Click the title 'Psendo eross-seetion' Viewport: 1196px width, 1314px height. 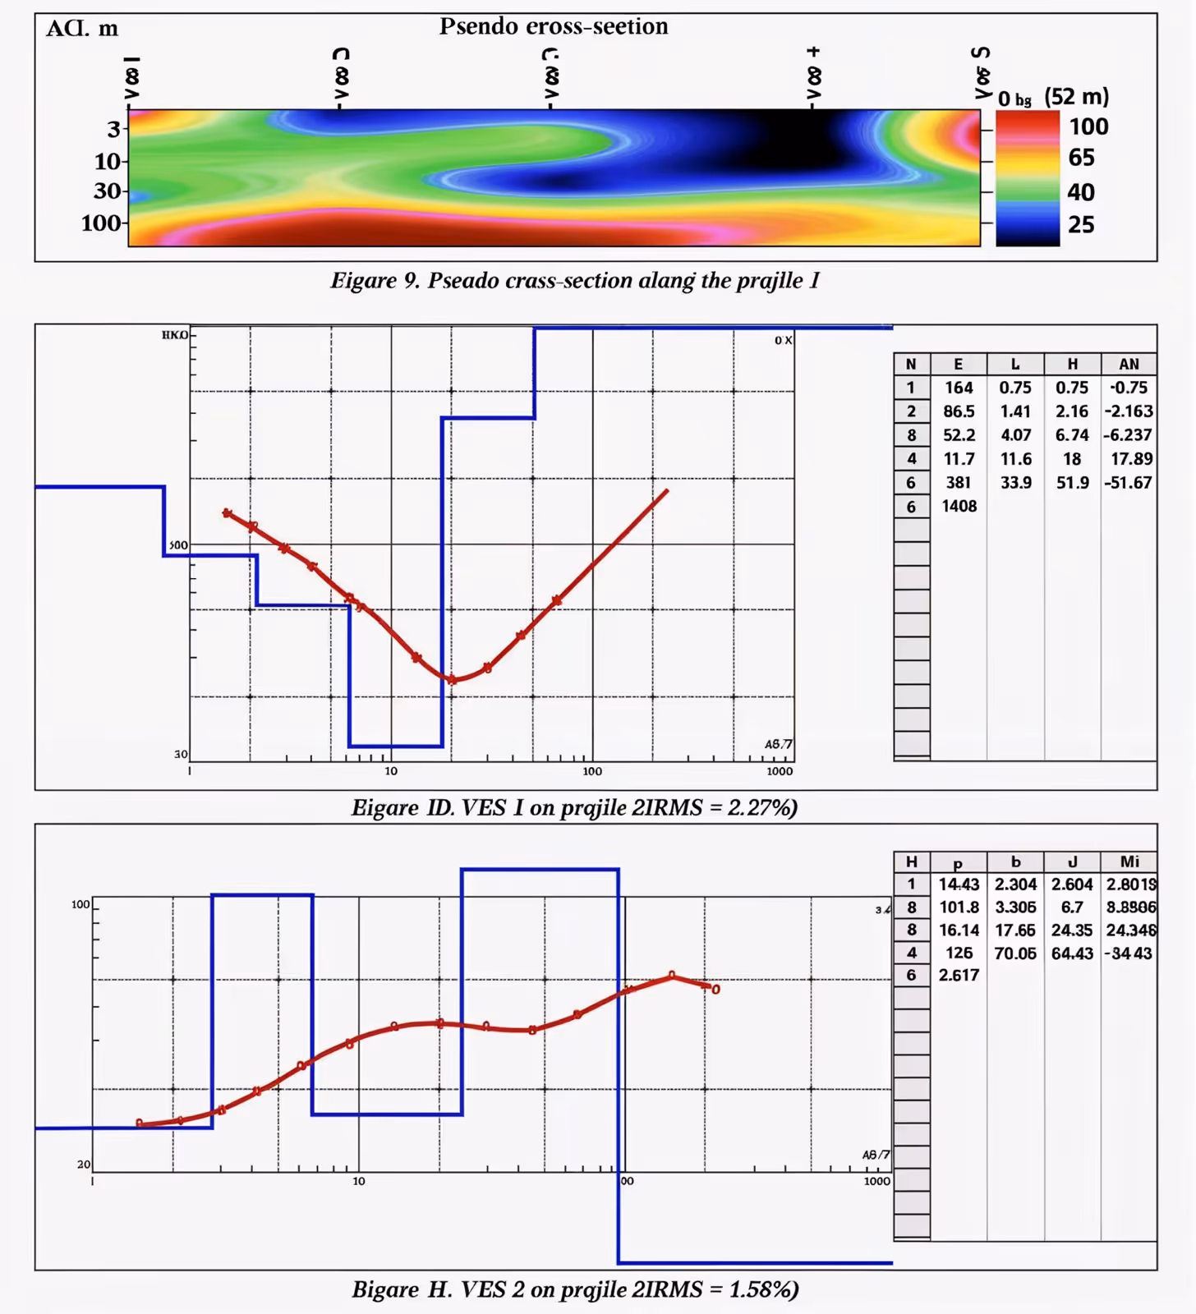point(554,26)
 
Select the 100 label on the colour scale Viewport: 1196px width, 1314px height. point(1088,126)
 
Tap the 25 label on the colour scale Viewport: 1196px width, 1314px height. point(1081,224)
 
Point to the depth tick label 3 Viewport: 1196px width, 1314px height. point(113,129)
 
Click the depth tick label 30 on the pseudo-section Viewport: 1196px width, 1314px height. point(108,191)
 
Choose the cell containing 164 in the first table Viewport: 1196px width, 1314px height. point(959,388)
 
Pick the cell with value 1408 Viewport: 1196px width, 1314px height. point(959,506)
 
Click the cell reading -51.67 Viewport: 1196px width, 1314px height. point(1129,483)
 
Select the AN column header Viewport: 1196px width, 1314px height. point(1129,364)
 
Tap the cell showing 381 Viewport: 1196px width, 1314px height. point(959,483)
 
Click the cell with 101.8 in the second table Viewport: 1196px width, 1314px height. point(959,907)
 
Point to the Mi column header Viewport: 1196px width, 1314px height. point(1129,861)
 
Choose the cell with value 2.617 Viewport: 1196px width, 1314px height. point(959,976)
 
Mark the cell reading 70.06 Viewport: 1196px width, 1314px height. point(1015,953)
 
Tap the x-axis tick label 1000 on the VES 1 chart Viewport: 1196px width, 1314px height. point(780,771)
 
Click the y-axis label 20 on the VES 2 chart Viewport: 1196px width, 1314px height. point(84,1165)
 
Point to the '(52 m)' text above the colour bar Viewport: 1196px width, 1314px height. point(1076,97)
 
